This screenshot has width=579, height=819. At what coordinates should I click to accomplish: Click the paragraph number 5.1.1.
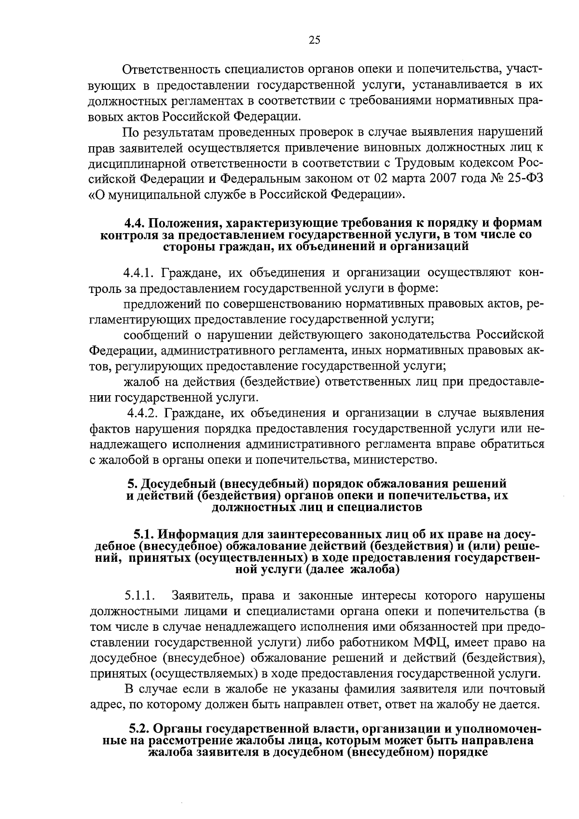click(139, 595)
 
